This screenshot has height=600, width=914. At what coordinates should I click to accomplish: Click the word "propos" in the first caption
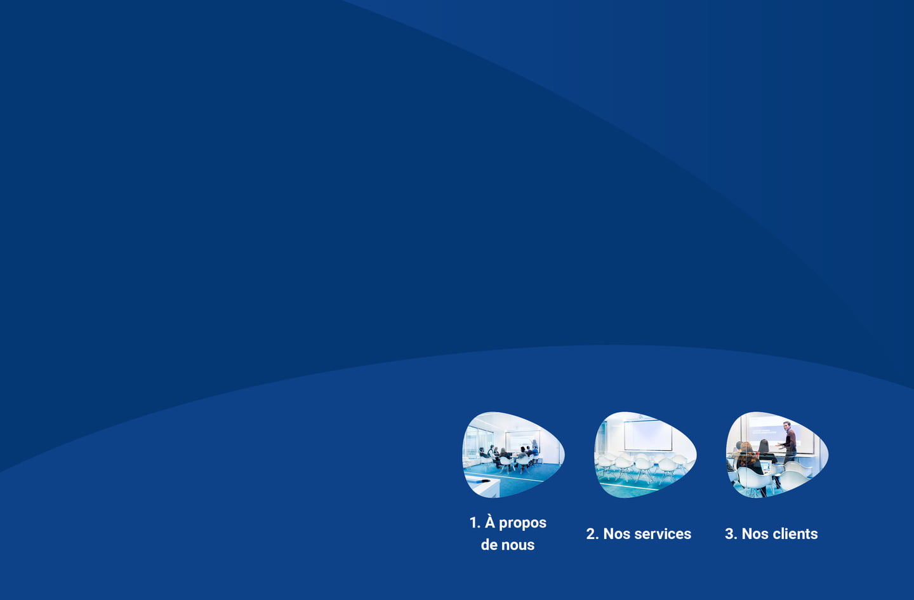pos(522,524)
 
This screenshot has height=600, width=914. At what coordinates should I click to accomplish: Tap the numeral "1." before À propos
pos(475,523)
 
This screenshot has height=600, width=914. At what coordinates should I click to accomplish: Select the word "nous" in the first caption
pos(518,545)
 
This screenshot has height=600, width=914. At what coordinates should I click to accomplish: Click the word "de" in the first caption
pos(489,545)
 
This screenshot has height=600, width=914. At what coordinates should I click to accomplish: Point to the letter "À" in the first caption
pos(489,522)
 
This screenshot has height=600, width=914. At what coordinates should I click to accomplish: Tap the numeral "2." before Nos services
pos(592,533)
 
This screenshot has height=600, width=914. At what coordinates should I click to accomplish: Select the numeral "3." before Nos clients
pos(731,533)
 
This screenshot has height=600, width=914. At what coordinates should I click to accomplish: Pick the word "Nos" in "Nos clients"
pos(755,533)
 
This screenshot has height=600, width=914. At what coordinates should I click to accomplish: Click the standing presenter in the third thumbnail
pos(789,442)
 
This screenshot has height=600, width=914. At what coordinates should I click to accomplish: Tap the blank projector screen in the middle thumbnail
pos(648,436)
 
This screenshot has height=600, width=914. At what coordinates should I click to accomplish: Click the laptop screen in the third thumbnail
pos(765,467)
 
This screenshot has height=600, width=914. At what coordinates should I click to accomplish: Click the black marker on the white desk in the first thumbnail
pos(482,481)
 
